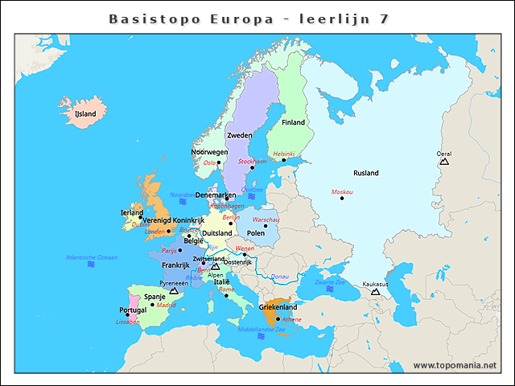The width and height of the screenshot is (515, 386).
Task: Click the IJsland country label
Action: (84, 114)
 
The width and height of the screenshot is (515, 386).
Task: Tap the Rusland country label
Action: (365, 173)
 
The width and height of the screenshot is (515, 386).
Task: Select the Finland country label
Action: (293, 122)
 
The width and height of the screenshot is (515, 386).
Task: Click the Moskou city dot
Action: (342, 199)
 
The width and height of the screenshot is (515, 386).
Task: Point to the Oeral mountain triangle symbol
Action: (443, 162)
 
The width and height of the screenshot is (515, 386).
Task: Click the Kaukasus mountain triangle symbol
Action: (375, 292)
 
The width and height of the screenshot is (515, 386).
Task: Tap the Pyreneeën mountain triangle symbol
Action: (174, 291)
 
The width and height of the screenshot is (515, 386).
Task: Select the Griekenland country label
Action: (278, 307)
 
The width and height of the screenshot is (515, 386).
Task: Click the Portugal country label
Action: (132, 310)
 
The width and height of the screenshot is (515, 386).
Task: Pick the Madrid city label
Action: (166, 306)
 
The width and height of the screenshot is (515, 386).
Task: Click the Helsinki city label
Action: (284, 154)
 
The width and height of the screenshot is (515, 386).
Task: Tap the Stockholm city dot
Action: (252, 168)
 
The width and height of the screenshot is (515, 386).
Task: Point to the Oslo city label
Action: (209, 162)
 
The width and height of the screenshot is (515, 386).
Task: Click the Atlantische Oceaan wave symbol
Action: (91, 264)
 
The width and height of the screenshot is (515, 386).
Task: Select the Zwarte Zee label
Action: (330, 282)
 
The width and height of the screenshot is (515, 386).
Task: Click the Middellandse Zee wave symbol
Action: (262, 337)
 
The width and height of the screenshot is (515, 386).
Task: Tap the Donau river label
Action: (279, 276)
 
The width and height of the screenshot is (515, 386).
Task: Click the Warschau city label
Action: (266, 220)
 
